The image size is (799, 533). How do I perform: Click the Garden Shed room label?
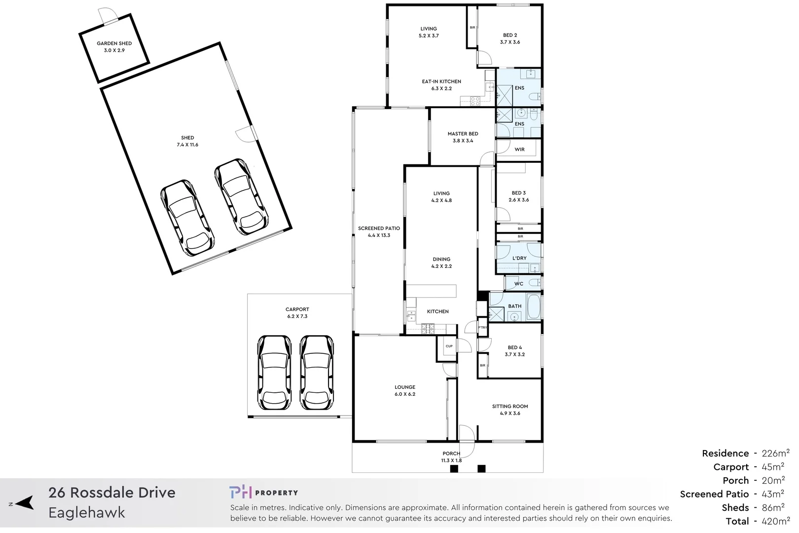pyautogui.click(x=114, y=43)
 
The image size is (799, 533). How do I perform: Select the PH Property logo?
pyautogui.click(x=263, y=493)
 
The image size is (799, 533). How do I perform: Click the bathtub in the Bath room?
pyautogui.click(x=534, y=306)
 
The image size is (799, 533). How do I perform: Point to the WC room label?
pyautogui.click(x=519, y=284)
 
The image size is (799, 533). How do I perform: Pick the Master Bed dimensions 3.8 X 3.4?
pyautogui.click(x=463, y=141)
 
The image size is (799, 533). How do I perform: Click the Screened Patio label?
pyautogui.click(x=379, y=228)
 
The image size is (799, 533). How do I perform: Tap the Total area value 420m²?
pyautogui.click(x=775, y=521)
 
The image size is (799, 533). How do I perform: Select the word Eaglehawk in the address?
pyautogui.click(x=87, y=513)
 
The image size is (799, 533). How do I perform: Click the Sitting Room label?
pyautogui.click(x=510, y=406)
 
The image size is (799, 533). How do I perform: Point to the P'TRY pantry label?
pyautogui.click(x=482, y=327)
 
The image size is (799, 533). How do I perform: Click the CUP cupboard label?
pyautogui.click(x=449, y=346)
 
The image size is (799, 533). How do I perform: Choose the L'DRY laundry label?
pyautogui.click(x=519, y=258)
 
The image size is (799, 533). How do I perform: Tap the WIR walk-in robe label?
pyautogui.click(x=520, y=149)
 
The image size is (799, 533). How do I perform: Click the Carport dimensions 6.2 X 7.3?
pyautogui.click(x=297, y=316)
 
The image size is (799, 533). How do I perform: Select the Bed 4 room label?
pyautogui.click(x=515, y=347)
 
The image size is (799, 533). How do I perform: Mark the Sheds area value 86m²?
pyautogui.click(x=773, y=507)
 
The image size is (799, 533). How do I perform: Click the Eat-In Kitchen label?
pyautogui.click(x=441, y=81)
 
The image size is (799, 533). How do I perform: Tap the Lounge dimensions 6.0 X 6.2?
pyautogui.click(x=405, y=394)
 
